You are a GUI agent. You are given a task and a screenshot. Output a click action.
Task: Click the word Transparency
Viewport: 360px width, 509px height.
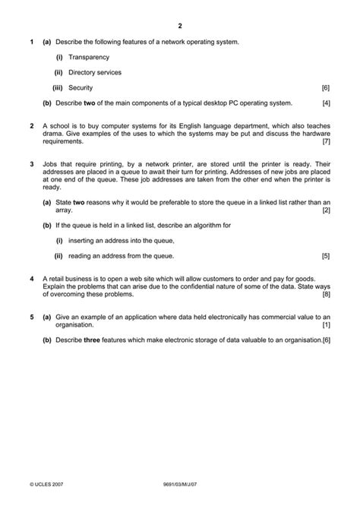(89, 57)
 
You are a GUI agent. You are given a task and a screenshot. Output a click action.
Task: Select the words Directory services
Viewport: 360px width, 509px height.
(95, 72)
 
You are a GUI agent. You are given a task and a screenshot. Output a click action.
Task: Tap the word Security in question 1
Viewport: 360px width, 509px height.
(81, 88)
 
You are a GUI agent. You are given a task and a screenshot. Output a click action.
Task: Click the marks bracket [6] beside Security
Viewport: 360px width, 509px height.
(326, 88)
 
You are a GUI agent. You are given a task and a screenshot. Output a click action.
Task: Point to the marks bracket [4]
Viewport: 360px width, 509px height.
(326, 103)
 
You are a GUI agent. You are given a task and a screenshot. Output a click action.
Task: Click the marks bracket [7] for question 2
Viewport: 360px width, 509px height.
(326, 141)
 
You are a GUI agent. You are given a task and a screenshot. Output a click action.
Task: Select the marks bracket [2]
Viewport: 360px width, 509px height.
(326, 210)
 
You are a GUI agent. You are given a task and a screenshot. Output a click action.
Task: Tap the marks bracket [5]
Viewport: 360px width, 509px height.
(326, 255)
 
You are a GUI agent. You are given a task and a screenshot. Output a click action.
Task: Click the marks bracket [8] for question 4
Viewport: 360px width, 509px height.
(326, 294)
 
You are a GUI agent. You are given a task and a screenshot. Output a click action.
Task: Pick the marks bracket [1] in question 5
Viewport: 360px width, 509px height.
(326, 324)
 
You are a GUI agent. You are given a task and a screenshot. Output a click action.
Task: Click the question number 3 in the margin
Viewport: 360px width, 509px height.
(31, 164)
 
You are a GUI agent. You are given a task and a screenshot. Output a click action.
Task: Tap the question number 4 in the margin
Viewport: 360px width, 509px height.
(31, 279)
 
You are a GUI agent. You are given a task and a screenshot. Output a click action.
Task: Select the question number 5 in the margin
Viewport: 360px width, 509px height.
(31, 317)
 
